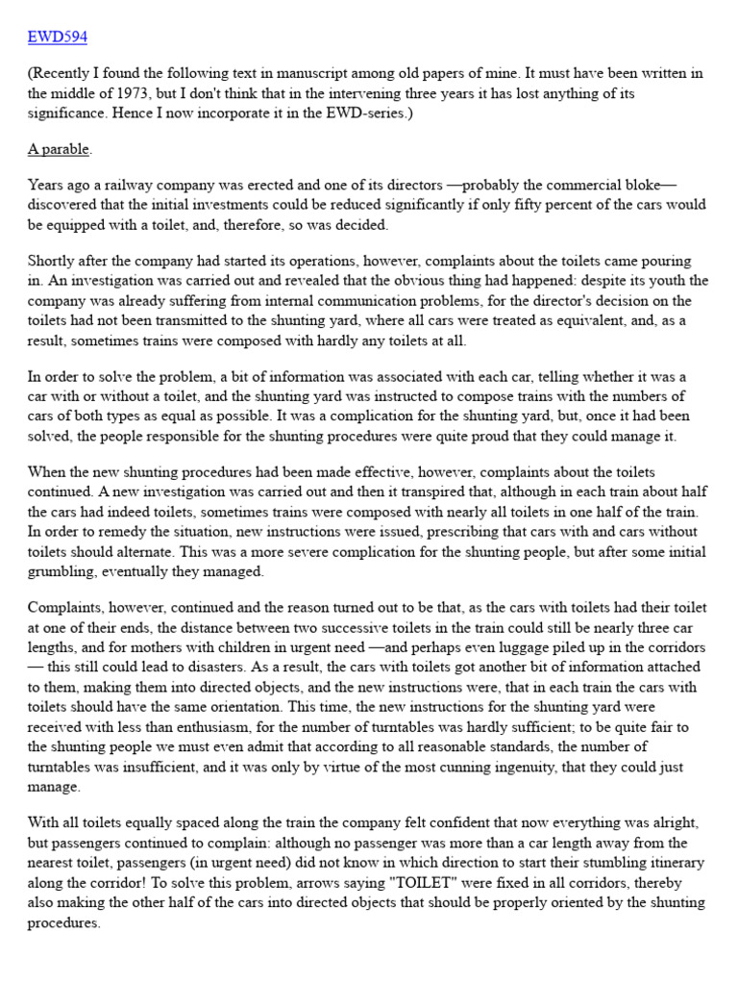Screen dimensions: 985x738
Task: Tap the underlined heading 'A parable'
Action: click(x=60, y=150)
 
